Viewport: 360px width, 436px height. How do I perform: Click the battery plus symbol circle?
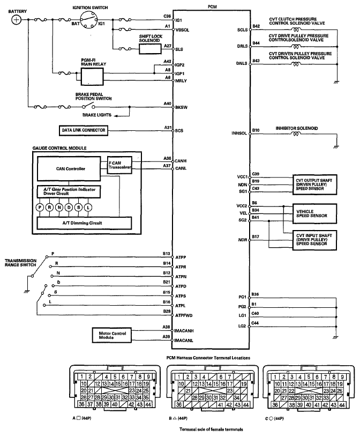click(17, 19)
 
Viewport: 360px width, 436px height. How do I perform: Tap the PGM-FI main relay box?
click(92, 76)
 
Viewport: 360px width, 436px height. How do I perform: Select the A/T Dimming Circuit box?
click(84, 222)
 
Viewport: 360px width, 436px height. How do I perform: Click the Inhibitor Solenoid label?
click(297, 129)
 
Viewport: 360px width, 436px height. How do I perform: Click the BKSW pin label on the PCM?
click(181, 108)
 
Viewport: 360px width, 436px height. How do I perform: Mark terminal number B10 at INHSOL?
click(256, 130)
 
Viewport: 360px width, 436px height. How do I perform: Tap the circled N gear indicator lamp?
click(60, 206)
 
